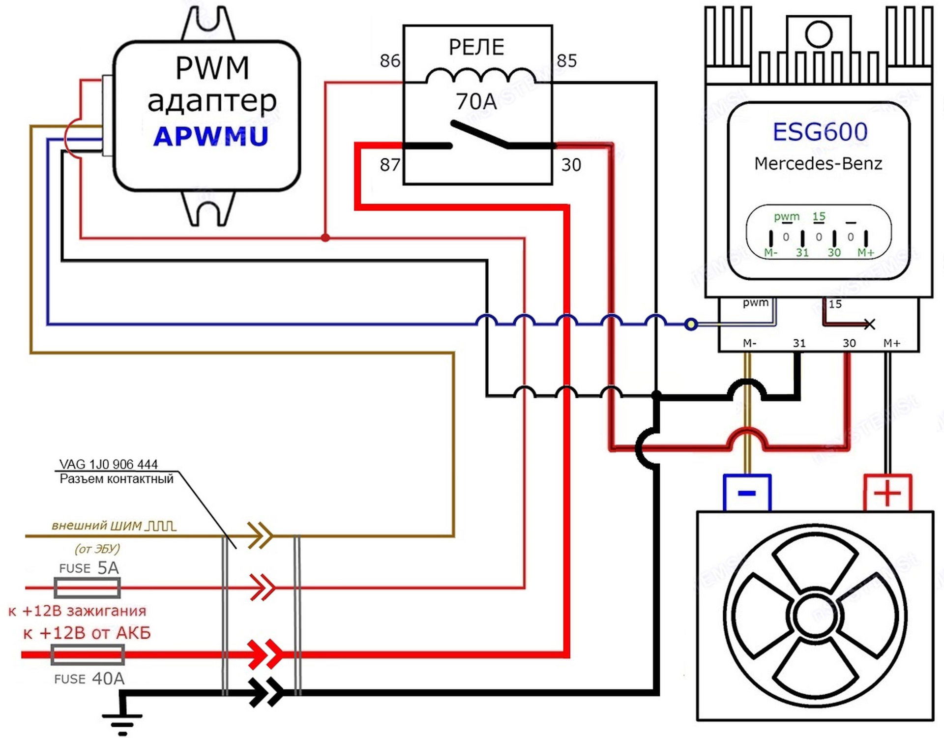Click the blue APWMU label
[x=211, y=136]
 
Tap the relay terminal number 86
[x=390, y=61]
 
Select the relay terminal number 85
[x=566, y=61]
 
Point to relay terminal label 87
[x=390, y=165]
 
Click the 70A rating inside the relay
[x=476, y=102]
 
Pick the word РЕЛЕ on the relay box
[x=476, y=47]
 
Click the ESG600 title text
[x=820, y=132]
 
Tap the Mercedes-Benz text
[x=818, y=163]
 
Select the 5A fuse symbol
[x=87, y=588]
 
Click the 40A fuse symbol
[x=88, y=655]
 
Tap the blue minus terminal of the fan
[x=747, y=493]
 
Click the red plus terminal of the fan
[x=887, y=493]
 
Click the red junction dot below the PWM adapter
[x=325, y=238]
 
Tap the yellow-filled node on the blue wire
[x=691, y=324]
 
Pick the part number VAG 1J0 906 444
[x=109, y=464]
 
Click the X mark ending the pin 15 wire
[x=870, y=324]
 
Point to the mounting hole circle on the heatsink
[x=819, y=34]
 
